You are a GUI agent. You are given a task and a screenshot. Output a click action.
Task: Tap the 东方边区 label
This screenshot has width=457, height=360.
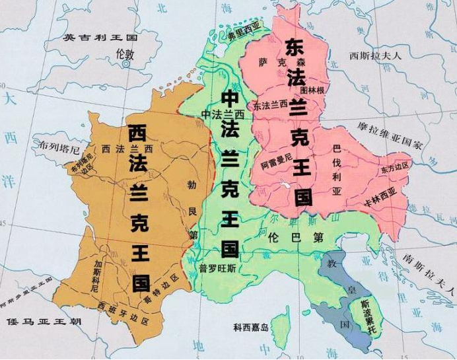pos(395,170)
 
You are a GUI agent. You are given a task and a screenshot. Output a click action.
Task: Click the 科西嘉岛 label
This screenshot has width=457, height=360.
pos(251,328)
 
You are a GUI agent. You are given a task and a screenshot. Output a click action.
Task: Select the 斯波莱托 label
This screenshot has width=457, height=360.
pos(365,314)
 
